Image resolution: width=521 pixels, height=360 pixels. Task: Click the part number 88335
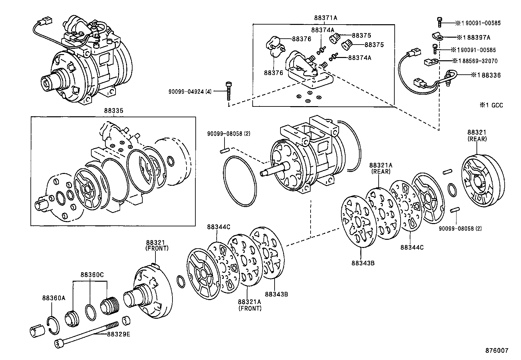point(114,111)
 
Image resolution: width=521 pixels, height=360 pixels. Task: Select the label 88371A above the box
point(325,18)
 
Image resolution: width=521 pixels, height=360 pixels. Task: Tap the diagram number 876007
point(496,351)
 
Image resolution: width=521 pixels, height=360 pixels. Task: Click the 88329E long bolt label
point(118,334)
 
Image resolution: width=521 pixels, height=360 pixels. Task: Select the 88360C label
point(92,275)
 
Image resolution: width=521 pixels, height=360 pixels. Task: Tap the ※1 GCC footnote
point(491,105)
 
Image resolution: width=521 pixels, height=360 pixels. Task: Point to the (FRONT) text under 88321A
point(250,308)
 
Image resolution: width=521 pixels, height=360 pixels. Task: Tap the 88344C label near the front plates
point(218,227)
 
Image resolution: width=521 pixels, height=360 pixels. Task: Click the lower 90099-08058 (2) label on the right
point(460,228)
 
